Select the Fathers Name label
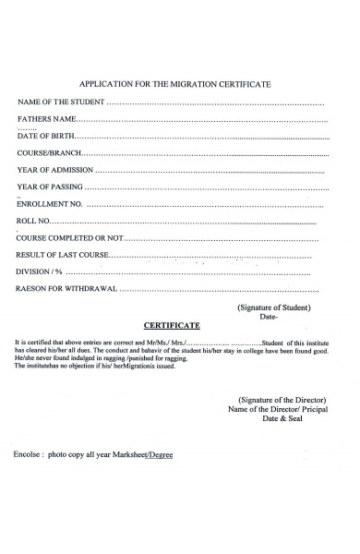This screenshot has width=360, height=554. [x=45, y=120]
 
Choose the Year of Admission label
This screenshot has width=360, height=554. [x=54, y=170]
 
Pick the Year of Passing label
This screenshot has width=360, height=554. [x=51, y=187]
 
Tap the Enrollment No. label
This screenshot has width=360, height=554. [x=50, y=204]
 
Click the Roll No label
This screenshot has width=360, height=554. [x=34, y=222]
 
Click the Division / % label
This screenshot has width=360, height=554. [x=40, y=272]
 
